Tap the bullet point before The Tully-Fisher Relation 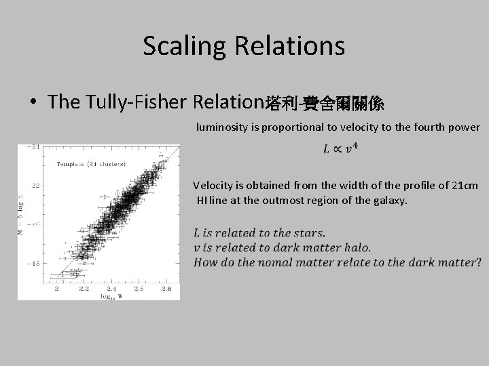33,103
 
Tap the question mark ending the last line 477,262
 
